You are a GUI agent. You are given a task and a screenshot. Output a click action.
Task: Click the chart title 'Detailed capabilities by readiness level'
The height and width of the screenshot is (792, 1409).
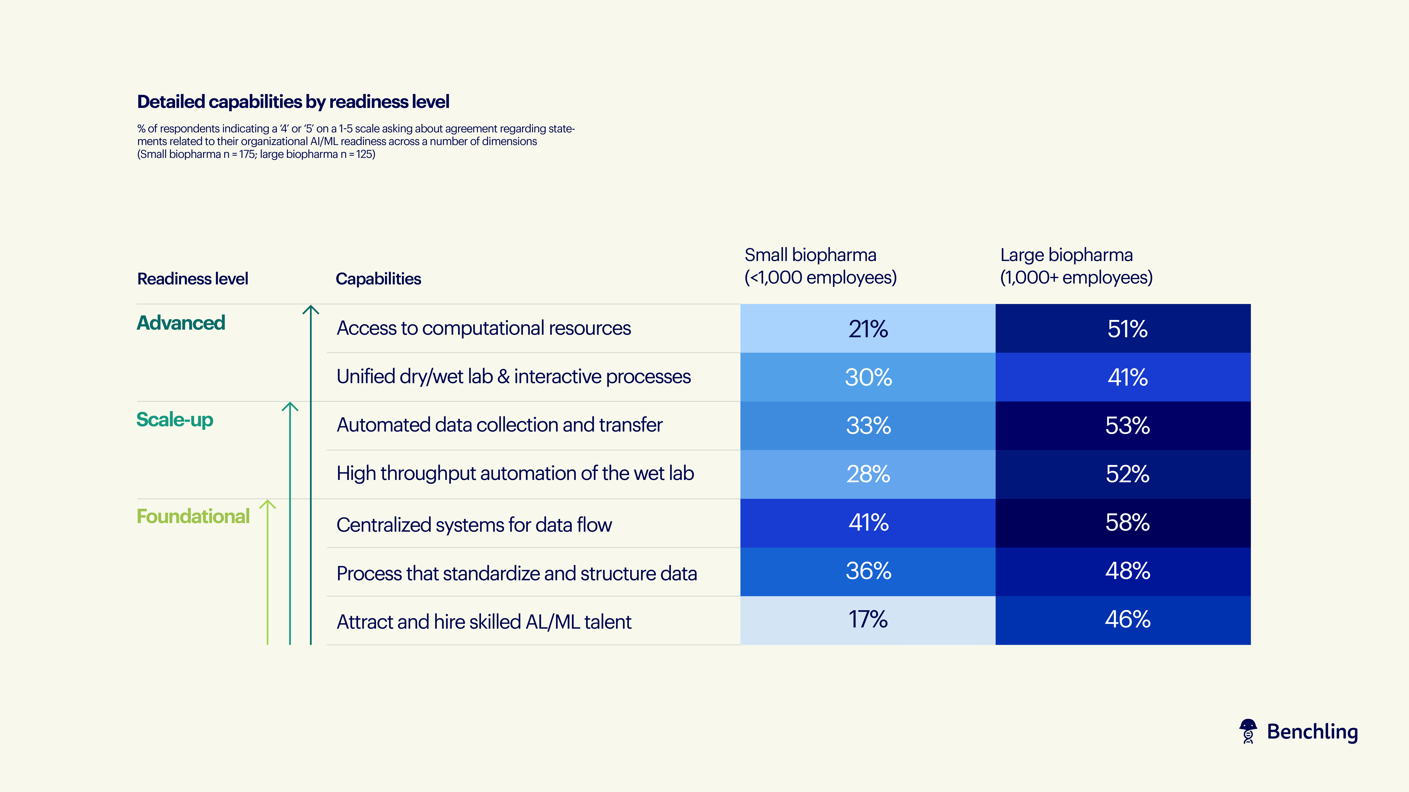(x=293, y=102)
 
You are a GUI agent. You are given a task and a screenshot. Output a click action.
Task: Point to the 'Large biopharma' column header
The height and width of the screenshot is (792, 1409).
(x=1076, y=266)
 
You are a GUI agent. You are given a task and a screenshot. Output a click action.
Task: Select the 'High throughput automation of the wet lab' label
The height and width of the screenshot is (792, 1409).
(x=515, y=473)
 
